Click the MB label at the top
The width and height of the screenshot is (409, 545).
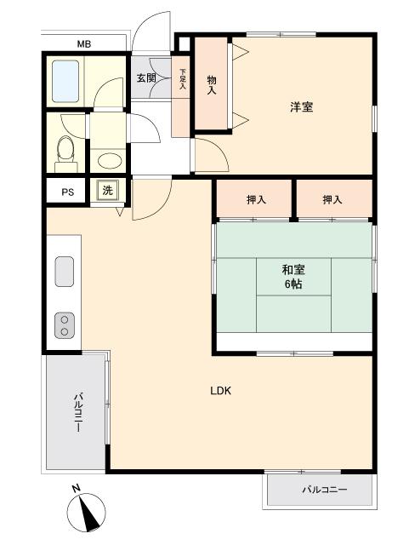coord(84,44)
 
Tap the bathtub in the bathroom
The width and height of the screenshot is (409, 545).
coord(65,82)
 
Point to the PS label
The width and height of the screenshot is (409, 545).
coord(68,192)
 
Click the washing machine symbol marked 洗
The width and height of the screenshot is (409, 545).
coord(108,190)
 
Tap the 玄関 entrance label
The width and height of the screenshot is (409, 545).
coord(145,77)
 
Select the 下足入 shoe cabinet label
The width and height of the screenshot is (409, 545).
coord(183,79)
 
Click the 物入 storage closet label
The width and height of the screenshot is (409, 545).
coord(212,85)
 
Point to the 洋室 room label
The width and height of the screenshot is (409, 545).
coord(301,106)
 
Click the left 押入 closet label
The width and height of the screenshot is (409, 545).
coord(256,199)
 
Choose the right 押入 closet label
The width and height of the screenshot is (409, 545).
coord(332,199)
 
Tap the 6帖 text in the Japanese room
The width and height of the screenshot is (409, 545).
coord(293,284)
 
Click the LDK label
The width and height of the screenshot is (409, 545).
coord(221,391)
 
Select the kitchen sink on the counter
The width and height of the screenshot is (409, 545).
coord(65,272)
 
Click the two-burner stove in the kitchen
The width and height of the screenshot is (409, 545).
coord(65,325)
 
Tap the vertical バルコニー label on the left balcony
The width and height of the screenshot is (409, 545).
coord(79,412)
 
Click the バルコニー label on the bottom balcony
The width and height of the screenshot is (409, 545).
coord(324,490)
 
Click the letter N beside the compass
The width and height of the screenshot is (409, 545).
coord(76,488)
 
